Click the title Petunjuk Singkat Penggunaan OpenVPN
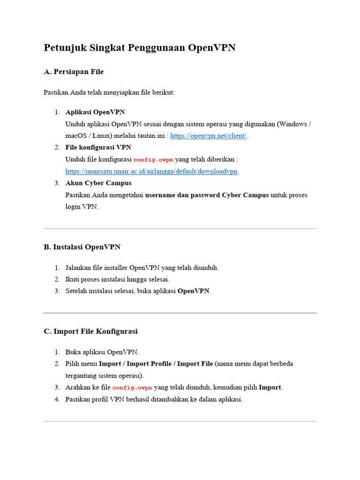click(x=139, y=48)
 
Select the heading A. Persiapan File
click(x=74, y=72)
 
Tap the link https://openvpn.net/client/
click(x=208, y=136)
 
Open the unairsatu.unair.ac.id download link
click(x=151, y=172)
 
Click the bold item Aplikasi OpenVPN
click(x=95, y=112)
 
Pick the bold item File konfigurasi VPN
click(x=98, y=148)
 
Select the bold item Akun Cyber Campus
click(x=98, y=183)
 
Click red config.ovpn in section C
click(x=132, y=388)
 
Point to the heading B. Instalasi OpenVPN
click(x=82, y=247)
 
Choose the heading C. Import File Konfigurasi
click(x=90, y=331)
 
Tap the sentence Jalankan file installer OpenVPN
click(x=142, y=268)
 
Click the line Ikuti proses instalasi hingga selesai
click(x=117, y=279)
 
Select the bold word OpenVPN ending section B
click(x=194, y=291)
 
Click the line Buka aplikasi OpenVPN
click(x=102, y=352)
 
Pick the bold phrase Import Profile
click(x=149, y=364)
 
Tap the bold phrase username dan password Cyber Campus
click(x=207, y=195)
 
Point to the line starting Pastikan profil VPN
click(x=154, y=399)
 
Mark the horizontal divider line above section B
click(x=180, y=229)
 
